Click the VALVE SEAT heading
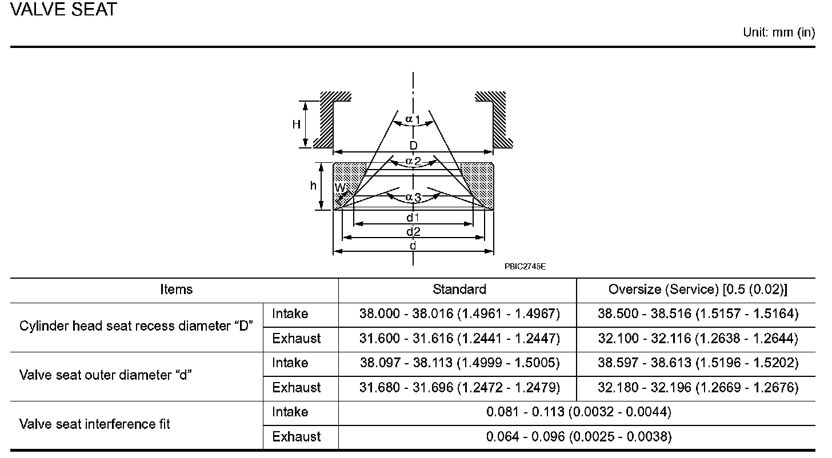point(63,9)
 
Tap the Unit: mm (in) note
point(779,33)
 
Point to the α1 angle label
point(413,119)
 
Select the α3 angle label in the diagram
point(413,196)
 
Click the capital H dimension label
point(296,124)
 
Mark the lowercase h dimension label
point(313,185)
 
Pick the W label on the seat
point(339,187)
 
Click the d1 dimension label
point(413,217)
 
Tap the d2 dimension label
point(413,232)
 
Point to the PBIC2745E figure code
point(525,267)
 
